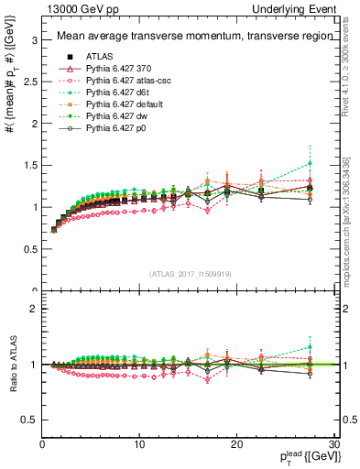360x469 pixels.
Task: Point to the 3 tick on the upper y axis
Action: pyautogui.click(x=34, y=40)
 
